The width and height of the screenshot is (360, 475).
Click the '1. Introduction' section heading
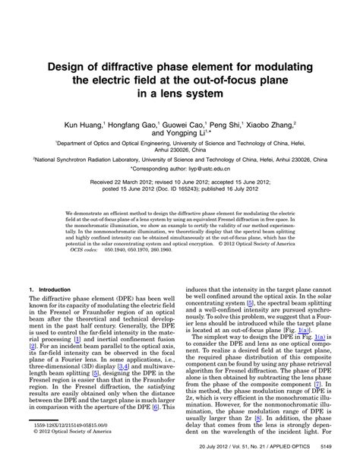coord(49,290)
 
